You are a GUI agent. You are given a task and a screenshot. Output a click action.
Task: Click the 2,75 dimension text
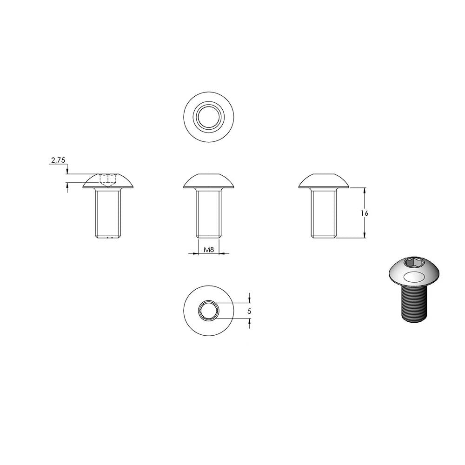coord(58,160)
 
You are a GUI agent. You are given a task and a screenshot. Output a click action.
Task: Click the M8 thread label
coord(209,249)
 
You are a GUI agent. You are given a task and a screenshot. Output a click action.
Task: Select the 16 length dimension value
coord(365,213)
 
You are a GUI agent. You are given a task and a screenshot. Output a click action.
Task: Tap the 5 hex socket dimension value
coord(249,311)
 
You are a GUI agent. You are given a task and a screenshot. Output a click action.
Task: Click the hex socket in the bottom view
coord(209,311)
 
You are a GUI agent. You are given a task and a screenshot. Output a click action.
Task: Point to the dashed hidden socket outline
coord(108,180)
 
